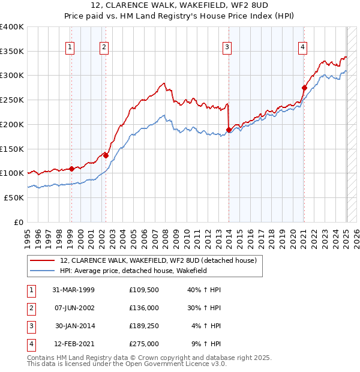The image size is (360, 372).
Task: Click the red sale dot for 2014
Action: [x=229, y=130]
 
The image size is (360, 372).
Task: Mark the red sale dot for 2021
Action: [x=304, y=88]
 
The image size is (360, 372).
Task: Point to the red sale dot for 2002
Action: [x=106, y=155]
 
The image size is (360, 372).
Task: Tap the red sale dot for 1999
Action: [x=71, y=169]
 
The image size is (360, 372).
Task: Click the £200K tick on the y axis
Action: [x=12, y=124]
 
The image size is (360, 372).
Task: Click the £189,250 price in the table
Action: [x=144, y=326]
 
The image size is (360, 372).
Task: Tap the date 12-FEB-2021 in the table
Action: [x=75, y=344]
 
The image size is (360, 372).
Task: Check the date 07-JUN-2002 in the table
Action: [x=75, y=308]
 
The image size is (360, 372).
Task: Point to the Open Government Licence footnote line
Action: [x=127, y=364]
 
